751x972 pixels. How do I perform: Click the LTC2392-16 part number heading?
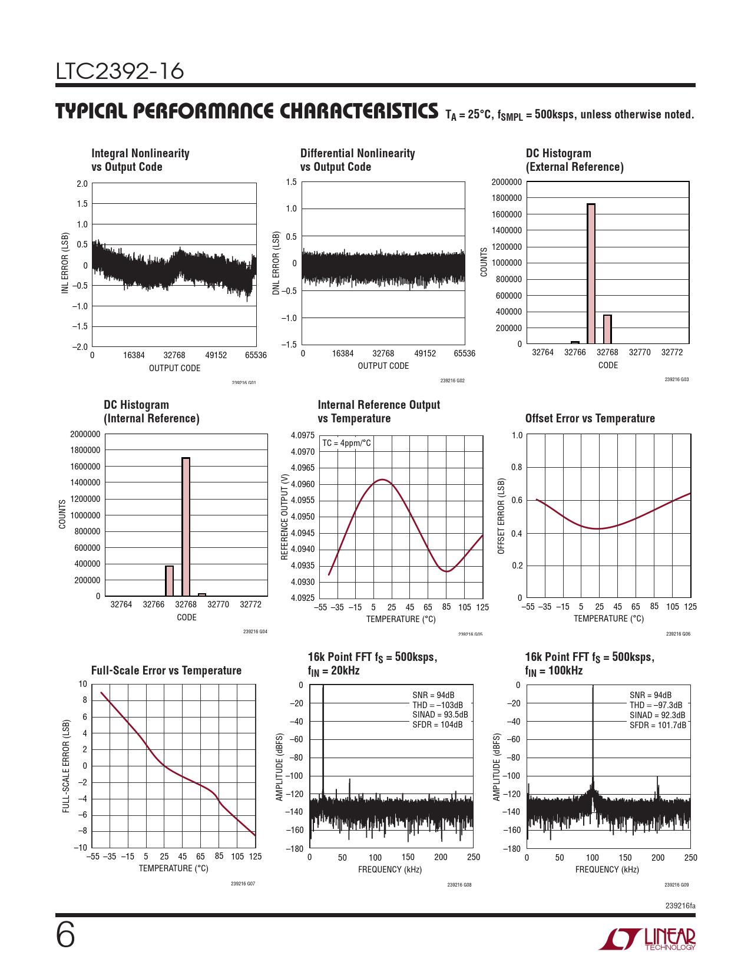[x=120, y=71]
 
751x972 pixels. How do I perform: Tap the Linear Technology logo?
[x=648, y=939]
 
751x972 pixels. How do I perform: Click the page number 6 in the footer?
[x=65, y=935]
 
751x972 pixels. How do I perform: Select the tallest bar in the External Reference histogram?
[x=591, y=273]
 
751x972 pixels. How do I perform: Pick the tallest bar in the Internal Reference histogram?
[x=186, y=527]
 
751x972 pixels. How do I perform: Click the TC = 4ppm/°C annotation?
[x=347, y=443]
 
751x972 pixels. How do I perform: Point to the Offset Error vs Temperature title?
[x=590, y=418]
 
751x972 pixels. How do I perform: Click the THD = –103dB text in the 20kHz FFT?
[x=438, y=705]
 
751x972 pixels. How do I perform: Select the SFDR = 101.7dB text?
[x=658, y=725]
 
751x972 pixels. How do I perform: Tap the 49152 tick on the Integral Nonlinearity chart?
[x=216, y=355]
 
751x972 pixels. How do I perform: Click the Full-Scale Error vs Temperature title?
[x=166, y=670]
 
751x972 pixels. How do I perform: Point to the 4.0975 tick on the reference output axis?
[x=303, y=435]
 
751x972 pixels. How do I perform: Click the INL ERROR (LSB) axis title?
[x=65, y=263]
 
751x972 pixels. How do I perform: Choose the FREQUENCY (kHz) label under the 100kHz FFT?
[x=607, y=869]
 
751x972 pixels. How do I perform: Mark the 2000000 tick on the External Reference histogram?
[x=507, y=182]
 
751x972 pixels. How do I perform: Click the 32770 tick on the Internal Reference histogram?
[x=218, y=604]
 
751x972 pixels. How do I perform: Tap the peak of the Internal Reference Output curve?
[x=383, y=480]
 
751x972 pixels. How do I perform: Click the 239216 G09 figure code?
[x=676, y=885]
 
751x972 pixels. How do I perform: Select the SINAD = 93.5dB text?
[x=440, y=715]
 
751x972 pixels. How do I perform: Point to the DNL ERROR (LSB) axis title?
[x=276, y=263]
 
